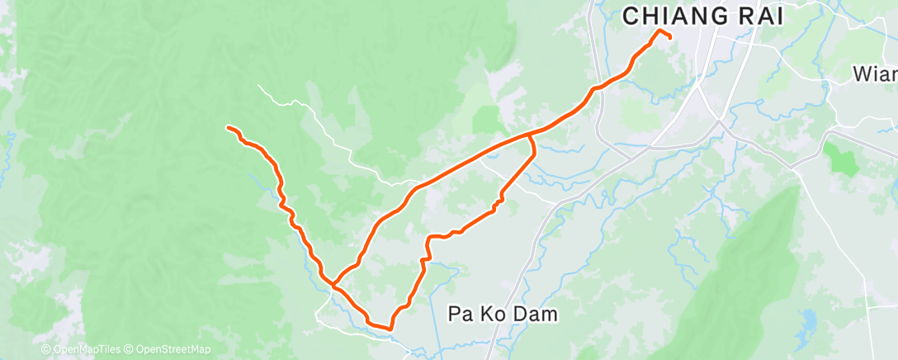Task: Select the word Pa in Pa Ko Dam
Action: pos(460,314)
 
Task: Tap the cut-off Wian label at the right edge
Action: pos(875,75)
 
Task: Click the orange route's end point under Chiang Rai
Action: pos(669,37)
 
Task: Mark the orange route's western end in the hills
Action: pos(229,127)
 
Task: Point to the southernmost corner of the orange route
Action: pos(389,329)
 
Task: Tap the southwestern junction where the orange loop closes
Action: pos(333,284)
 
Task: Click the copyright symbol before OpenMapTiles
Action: pos(46,350)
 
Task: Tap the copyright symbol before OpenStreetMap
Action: pos(130,350)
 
